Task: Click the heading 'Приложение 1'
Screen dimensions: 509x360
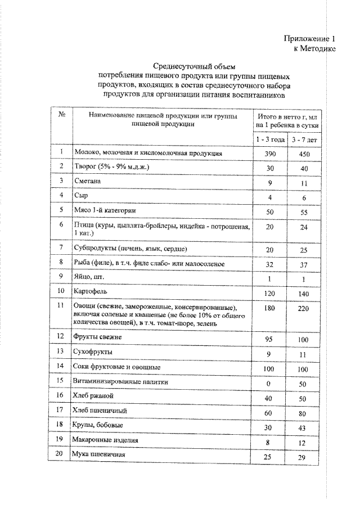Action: pyautogui.click(x=309, y=39)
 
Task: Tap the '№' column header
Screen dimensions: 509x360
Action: pyautogui.click(x=61, y=115)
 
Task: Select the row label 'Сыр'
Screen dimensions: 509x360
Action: pyautogui.click(x=82, y=196)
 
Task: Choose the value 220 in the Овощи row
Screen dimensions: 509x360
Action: pyautogui.click(x=303, y=308)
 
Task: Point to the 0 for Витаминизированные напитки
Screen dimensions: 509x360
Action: pyautogui.click(x=268, y=382)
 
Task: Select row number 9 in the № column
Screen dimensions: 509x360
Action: pyautogui.click(x=61, y=277)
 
